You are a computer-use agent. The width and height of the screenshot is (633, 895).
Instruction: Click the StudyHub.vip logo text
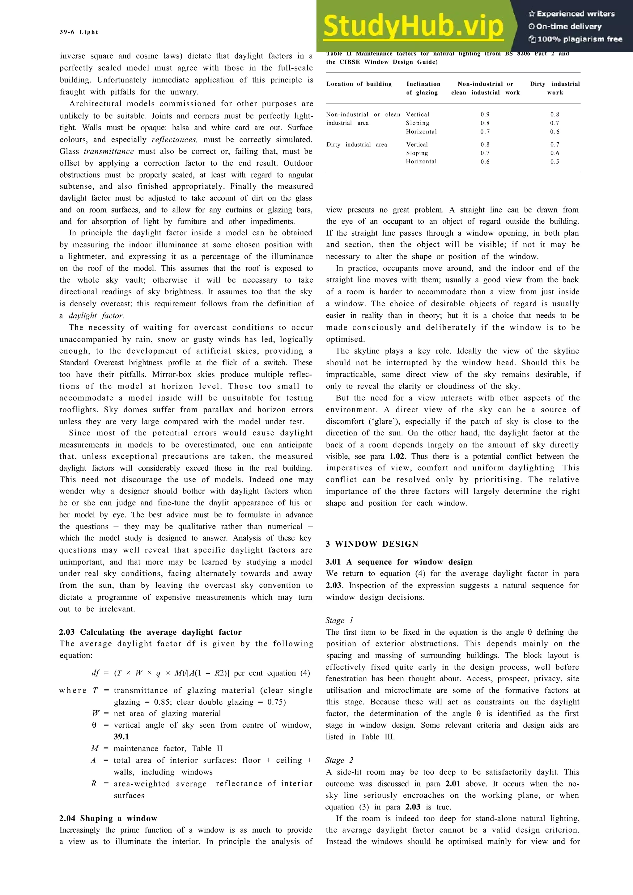[x=413, y=27]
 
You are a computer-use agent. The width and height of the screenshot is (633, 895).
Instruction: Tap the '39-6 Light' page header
[x=79, y=32]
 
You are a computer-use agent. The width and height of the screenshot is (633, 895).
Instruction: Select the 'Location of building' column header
[x=359, y=84]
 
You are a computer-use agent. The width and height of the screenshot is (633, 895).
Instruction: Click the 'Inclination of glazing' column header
[x=423, y=88]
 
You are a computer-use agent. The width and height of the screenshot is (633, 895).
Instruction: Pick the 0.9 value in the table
[x=485, y=115]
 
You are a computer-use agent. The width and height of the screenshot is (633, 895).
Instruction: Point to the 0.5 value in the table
[x=554, y=162]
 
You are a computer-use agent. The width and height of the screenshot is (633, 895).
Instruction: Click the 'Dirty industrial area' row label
[x=356, y=145]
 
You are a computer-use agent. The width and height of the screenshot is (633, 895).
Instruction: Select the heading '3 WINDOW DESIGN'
[x=372, y=544]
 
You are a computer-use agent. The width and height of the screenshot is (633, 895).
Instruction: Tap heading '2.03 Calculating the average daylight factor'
[x=150, y=632]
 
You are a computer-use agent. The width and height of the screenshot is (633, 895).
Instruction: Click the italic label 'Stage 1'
[x=339, y=620]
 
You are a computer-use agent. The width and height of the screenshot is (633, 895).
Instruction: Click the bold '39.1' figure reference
[x=121, y=737]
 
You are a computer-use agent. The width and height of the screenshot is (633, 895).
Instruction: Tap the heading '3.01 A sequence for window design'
[x=399, y=562]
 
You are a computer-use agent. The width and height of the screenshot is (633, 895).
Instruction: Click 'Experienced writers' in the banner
[x=572, y=14]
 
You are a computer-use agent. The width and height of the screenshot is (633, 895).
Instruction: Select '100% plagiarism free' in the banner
[x=576, y=39]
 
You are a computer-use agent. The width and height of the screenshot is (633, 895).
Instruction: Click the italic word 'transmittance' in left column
[x=109, y=151]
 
